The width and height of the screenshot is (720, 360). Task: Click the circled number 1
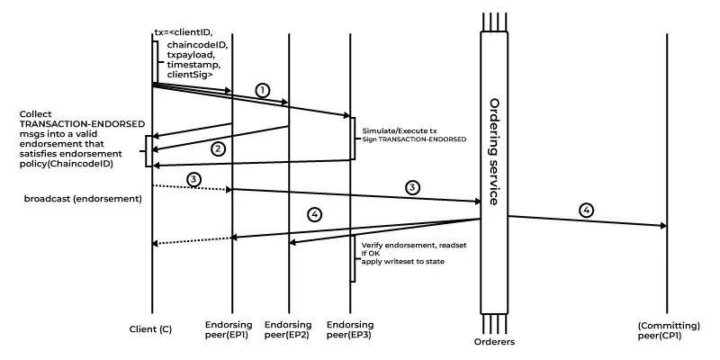pos(262,90)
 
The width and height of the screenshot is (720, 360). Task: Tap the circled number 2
pos(217,148)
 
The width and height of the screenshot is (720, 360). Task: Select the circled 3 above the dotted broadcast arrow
pos(193,180)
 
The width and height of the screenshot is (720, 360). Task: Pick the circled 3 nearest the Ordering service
pos(412,187)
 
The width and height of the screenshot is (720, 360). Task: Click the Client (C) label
pos(150,329)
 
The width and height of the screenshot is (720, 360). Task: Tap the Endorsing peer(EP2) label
pos(289,328)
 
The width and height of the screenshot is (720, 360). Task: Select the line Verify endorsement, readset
pos(406,245)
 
